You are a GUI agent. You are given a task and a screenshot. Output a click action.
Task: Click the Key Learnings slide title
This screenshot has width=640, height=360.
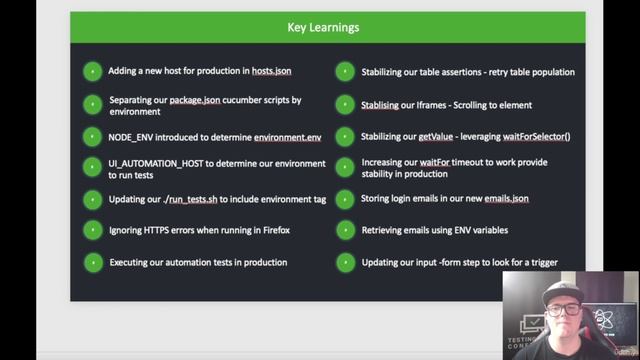(323, 27)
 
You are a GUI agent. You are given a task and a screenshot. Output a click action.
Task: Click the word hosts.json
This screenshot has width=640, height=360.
(271, 72)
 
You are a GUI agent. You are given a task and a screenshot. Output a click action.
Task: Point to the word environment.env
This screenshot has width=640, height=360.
(288, 136)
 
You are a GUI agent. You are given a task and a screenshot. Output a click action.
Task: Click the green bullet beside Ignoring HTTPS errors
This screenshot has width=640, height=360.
(92, 231)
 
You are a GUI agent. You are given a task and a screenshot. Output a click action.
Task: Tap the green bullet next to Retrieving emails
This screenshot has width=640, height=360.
(344, 231)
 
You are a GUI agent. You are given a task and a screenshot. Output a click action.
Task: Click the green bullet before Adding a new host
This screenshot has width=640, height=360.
(92, 72)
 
